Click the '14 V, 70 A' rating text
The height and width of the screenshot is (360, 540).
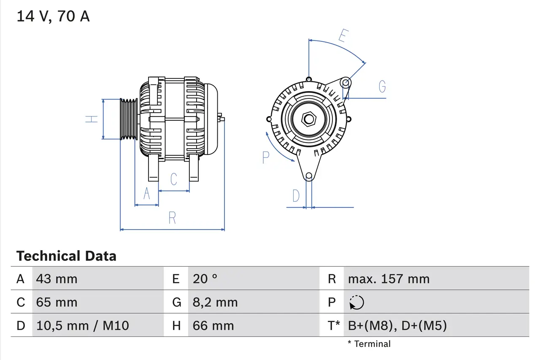53,16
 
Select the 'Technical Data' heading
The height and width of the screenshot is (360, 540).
66,256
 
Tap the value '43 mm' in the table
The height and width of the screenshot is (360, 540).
57,279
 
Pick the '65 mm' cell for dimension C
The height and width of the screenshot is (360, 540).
57,302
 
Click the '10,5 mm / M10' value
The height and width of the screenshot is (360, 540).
83,325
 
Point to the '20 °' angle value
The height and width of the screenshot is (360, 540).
205,279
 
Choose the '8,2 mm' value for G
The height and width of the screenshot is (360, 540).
215,302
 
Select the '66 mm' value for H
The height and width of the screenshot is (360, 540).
213,325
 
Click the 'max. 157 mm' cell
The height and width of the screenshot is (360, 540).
389,279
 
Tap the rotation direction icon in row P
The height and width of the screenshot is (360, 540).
356,303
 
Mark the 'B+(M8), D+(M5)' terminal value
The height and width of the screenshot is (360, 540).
397,325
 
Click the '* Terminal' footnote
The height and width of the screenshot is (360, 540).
369,344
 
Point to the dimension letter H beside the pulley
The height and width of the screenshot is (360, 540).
92,119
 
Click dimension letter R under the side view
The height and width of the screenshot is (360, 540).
172,218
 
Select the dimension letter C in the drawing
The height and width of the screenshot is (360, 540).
174,179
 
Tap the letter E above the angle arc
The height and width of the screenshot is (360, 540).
343,36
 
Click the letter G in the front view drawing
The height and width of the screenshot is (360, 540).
382,87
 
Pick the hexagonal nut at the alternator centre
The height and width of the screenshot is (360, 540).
309,119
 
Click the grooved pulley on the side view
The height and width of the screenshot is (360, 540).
129,119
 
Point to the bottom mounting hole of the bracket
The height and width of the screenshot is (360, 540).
309,176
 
